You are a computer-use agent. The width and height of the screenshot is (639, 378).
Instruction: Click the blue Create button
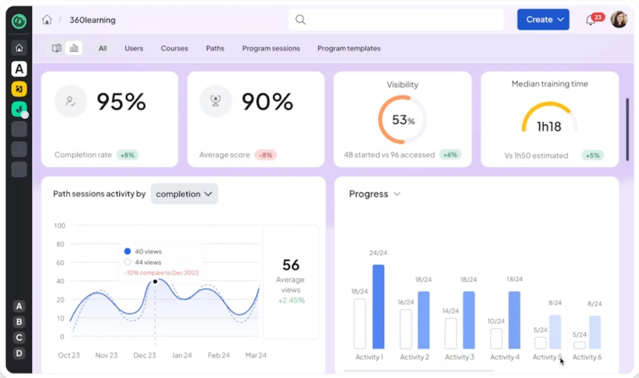point(543,19)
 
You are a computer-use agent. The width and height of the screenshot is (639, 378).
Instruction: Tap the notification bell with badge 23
point(591,20)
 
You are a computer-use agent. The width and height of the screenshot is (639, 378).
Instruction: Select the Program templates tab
point(349,48)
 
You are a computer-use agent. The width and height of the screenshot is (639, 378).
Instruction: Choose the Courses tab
point(174,48)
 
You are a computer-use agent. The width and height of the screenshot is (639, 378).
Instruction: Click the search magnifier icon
point(301,20)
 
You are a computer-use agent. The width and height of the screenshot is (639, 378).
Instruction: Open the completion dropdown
point(184,194)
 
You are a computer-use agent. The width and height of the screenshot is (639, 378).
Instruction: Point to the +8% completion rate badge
point(127,155)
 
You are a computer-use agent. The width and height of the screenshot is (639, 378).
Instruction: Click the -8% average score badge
point(266,155)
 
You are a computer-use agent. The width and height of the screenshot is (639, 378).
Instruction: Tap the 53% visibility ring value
point(403,120)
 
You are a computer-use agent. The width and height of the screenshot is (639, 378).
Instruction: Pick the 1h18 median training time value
point(549,127)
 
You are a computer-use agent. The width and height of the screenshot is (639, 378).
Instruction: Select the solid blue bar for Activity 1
point(379,306)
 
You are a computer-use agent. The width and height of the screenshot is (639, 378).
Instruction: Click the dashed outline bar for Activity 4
point(496,339)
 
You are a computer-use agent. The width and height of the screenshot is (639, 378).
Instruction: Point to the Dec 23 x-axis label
point(145,355)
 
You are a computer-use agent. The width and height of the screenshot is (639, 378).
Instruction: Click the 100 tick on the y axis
point(59,226)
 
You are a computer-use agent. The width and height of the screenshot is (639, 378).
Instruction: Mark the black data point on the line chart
point(155,282)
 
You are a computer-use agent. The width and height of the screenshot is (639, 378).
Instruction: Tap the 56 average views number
point(290,265)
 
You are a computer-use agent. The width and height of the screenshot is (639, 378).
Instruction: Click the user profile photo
point(619,20)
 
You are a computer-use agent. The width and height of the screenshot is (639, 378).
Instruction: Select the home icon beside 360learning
point(47,20)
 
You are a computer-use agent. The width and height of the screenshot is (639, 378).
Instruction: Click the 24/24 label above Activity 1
point(378,253)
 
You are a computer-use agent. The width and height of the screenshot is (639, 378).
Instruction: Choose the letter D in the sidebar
point(19,353)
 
